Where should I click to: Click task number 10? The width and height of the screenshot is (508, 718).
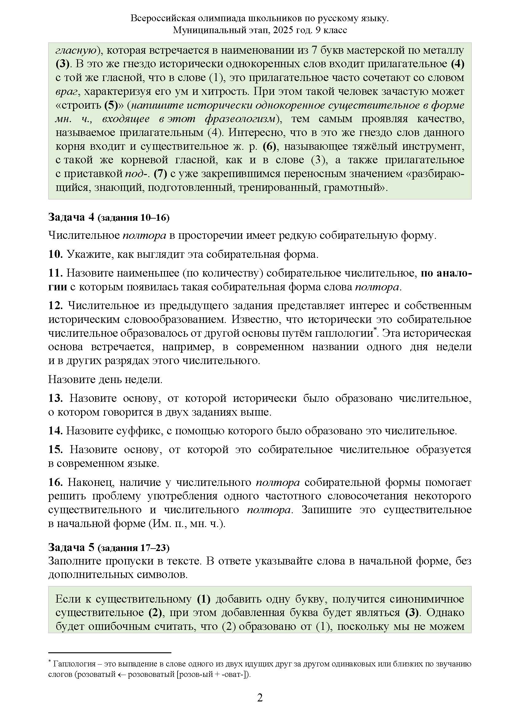coord(55,254)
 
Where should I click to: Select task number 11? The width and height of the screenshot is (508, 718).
coord(55,273)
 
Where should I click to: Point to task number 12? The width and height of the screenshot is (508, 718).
coord(55,305)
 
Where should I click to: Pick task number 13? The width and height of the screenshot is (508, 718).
coord(55,398)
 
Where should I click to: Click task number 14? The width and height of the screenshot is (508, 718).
coord(55,431)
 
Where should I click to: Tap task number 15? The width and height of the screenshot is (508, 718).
coord(55,450)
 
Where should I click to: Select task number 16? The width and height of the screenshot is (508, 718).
coord(55,482)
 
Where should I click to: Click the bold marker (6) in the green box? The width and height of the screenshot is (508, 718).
coord(269,146)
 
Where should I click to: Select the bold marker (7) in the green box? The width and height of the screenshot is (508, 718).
coord(160,174)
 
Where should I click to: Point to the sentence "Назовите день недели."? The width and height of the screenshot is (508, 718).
coord(105,380)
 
